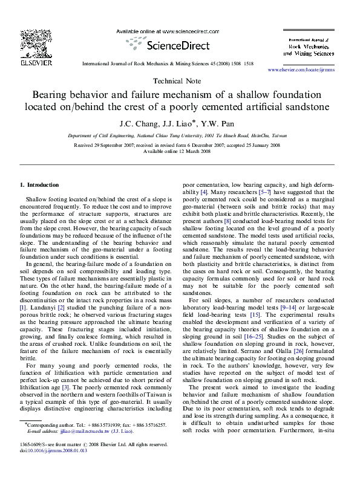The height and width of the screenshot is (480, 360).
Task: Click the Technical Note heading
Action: click(180, 81)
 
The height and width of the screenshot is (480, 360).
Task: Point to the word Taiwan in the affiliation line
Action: click(277, 137)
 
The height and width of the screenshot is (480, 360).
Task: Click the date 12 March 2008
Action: click(192, 151)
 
